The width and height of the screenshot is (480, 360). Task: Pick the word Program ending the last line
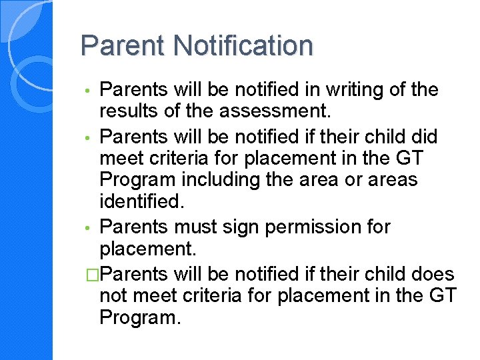click(x=139, y=318)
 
